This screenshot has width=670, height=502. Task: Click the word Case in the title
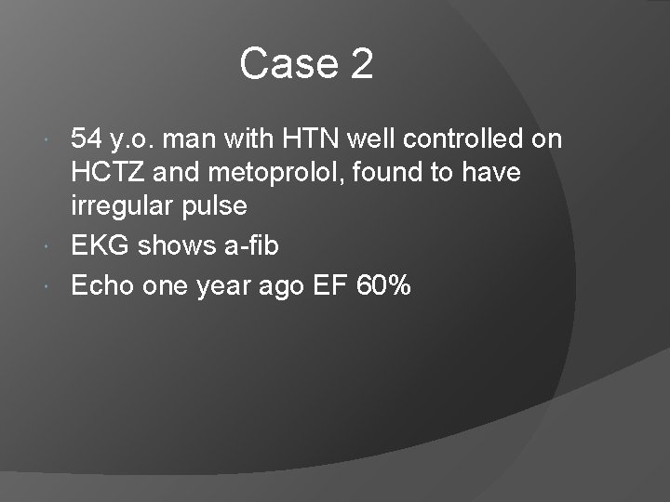click(288, 64)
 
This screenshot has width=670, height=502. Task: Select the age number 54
click(87, 139)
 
